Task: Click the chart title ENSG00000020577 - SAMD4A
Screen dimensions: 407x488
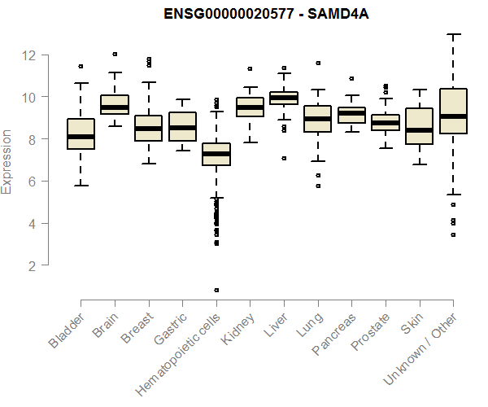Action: tap(266, 15)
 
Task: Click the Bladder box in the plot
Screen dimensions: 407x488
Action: tap(81, 133)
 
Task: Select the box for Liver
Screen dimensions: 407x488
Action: tap(283, 98)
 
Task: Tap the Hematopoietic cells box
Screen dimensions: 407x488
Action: tap(216, 154)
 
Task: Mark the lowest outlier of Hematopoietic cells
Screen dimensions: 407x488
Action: tap(216, 290)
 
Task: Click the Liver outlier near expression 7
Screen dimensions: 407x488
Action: tap(283, 158)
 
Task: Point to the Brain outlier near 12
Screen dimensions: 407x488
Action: tap(115, 55)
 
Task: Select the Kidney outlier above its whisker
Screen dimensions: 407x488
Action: tap(250, 69)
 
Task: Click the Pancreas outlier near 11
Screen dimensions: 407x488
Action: tap(351, 79)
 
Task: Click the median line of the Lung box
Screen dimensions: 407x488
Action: tap(317, 119)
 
